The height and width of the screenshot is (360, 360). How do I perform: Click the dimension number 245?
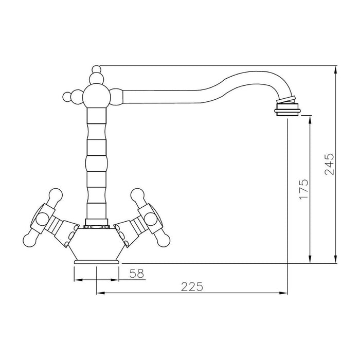coord(330,164)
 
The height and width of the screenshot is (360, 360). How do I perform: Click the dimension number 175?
coord(304,189)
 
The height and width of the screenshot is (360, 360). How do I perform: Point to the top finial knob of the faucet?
coord(96,69)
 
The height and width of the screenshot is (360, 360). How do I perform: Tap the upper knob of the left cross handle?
coord(55,195)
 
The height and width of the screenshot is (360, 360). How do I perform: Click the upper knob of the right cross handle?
coord(137,195)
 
